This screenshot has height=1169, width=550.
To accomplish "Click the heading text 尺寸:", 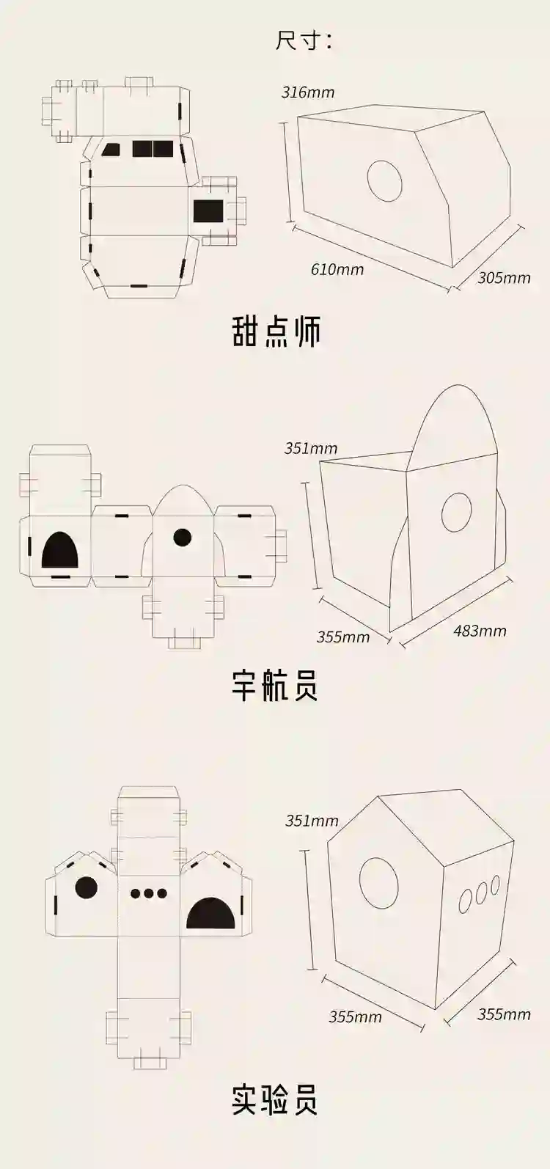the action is (x=303, y=40).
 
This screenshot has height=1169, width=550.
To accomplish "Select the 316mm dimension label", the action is (x=308, y=92).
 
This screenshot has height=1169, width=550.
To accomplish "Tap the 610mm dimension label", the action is (x=337, y=269).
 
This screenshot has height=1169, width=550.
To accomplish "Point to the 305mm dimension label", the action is (x=504, y=278).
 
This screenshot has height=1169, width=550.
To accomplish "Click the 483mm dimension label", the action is (x=480, y=630).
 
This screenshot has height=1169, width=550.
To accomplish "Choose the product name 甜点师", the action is (x=276, y=331).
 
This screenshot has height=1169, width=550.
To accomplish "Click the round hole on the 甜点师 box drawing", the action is (x=385, y=180).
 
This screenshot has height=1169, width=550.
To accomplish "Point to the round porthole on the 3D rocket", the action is (x=456, y=512).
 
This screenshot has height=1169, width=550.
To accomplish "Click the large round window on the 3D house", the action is (x=379, y=883).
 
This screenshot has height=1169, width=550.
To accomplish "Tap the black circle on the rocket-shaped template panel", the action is (x=183, y=538).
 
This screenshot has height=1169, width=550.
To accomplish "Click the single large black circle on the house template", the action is (x=87, y=888).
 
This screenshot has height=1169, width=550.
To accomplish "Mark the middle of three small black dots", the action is (x=148, y=893).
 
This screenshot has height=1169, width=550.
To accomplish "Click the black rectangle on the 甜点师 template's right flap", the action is (x=208, y=211).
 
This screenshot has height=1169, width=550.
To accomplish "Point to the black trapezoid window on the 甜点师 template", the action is (x=112, y=150).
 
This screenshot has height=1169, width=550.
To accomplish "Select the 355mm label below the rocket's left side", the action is (x=342, y=637).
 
